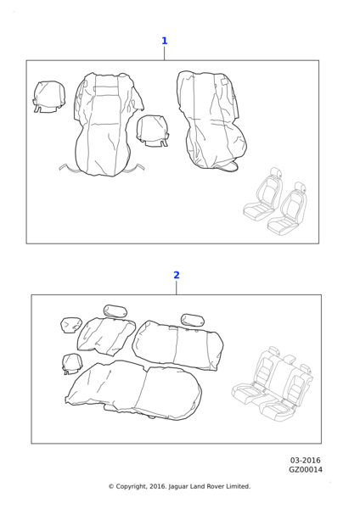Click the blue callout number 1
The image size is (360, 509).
click(165, 41)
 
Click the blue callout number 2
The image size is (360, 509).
click(177, 275)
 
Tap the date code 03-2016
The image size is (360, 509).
click(305, 461)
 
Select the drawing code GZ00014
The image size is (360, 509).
click(306, 470)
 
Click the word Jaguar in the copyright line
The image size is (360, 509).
click(178, 487)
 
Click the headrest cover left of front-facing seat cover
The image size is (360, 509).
click(49, 97)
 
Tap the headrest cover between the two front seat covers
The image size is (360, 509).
click(153, 131)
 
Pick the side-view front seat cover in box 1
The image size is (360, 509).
click(211, 120)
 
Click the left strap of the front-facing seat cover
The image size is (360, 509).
click(68, 167)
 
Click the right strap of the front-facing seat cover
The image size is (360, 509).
click(137, 167)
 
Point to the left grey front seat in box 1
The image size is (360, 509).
click(263, 195)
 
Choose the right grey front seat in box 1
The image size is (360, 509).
click(288, 209)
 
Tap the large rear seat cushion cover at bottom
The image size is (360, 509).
click(133, 390)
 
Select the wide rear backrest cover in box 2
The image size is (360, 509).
click(177, 345)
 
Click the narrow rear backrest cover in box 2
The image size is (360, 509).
click(106, 337)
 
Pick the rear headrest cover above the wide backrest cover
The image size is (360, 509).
click(193, 320)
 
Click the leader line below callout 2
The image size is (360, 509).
click(177, 288)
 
